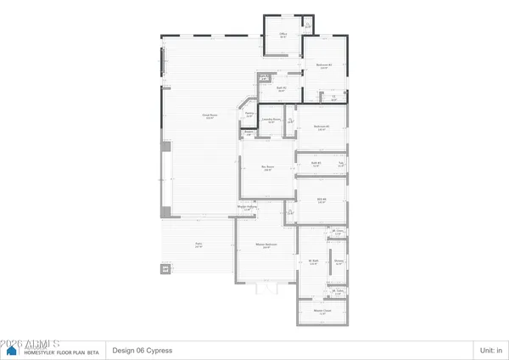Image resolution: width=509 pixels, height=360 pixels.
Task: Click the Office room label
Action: [x=282, y=35]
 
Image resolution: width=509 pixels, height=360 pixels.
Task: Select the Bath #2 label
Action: [x=282, y=87]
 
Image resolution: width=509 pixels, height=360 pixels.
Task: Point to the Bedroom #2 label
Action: [x=323, y=65]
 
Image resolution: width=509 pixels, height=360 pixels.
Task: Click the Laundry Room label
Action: [x=271, y=121]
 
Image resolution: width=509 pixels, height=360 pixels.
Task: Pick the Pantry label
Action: [x=249, y=114]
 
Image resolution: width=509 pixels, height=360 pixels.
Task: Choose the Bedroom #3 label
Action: [x=321, y=127]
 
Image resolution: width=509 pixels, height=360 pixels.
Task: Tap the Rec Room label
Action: [x=267, y=166]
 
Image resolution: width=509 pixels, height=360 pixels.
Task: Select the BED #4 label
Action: [x=322, y=200]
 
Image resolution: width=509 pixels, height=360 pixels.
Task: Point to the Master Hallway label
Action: [x=247, y=209]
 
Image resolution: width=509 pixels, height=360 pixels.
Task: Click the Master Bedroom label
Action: [x=267, y=246]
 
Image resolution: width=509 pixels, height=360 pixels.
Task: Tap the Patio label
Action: [x=199, y=245]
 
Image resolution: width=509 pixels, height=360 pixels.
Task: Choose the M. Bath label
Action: [x=312, y=262]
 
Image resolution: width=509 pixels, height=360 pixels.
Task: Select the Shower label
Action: [x=338, y=262]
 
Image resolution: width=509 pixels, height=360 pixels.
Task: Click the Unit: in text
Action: [x=492, y=350]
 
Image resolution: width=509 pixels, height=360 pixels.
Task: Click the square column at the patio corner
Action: [x=165, y=271]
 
